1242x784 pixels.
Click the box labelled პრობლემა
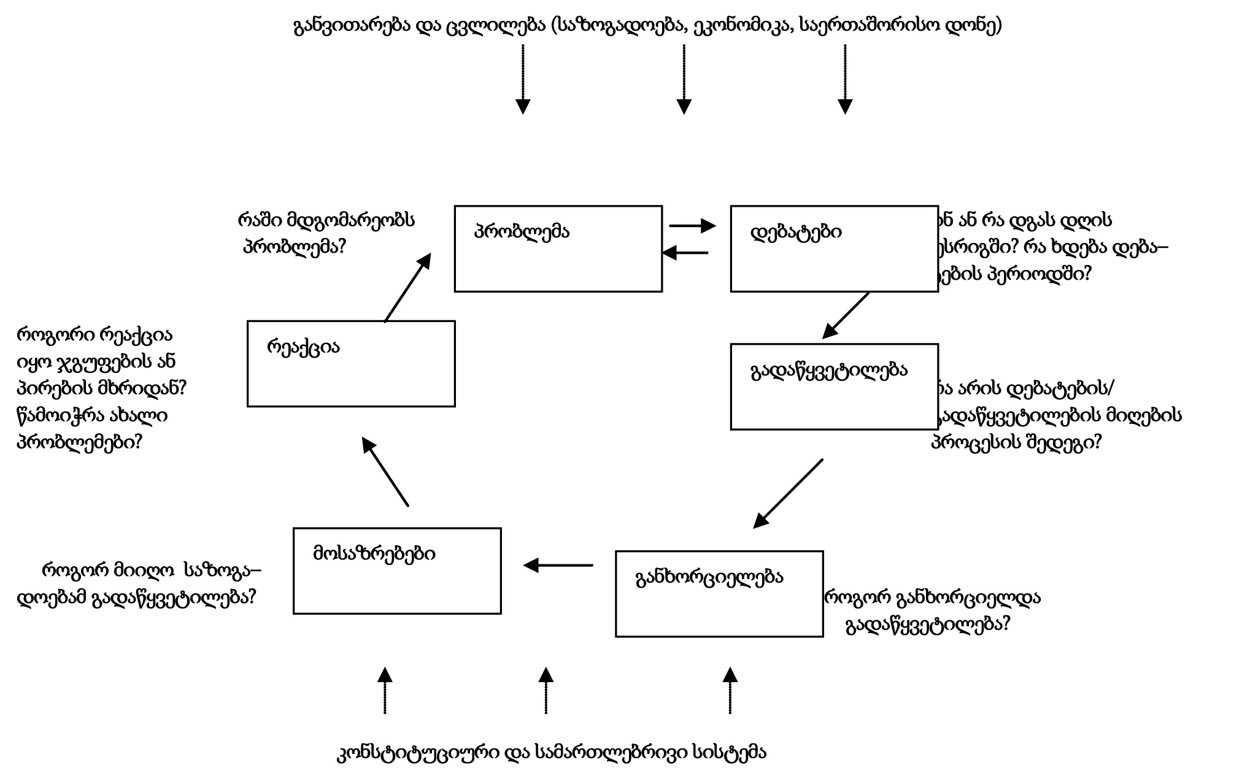(558, 248)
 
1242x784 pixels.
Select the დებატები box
(834, 248)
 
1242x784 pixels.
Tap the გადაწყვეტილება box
(834, 386)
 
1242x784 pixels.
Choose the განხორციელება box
(719, 594)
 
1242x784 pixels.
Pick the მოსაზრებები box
(397, 571)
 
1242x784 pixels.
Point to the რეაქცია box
(351, 363)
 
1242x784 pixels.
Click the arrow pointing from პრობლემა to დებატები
(692, 226)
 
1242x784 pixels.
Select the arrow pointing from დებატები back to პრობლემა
(685, 253)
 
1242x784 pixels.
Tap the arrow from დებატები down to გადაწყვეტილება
(846, 315)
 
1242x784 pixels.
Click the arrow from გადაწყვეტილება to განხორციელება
(788, 493)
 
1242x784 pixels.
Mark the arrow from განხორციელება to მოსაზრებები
(558, 565)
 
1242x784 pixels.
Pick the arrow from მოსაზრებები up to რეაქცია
(385, 471)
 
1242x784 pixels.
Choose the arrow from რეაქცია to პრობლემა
(407, 287)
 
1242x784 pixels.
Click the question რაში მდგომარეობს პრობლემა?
(325, 233)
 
